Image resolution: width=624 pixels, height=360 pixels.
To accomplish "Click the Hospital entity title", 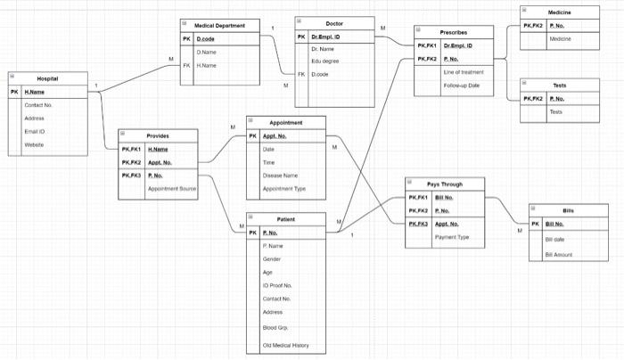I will coord(48,78).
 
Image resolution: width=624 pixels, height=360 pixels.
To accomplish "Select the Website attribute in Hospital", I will coord(34,144).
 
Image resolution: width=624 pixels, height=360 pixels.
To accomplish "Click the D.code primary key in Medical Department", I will coord(205,39).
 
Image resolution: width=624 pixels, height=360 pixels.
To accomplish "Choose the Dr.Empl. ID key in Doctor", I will coord(328,37).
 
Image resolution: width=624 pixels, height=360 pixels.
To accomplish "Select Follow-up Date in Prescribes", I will coord(462,85).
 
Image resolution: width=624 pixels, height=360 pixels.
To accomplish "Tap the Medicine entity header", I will coord(560,12).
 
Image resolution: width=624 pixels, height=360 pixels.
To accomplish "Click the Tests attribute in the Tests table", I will coord(555,112).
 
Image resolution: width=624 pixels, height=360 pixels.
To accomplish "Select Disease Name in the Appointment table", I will coord(280,176).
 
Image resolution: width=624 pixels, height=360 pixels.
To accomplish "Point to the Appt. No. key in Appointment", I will coord(275,136).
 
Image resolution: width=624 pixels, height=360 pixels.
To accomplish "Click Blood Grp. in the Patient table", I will coord(275,328).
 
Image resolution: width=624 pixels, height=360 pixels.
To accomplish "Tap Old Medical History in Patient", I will coord(285,345).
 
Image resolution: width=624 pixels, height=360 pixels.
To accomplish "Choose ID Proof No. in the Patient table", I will coord(277,285).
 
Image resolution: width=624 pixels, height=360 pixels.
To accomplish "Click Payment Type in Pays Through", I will coord(452,237).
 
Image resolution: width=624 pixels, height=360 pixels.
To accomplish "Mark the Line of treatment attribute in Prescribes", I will coord(463,71).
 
